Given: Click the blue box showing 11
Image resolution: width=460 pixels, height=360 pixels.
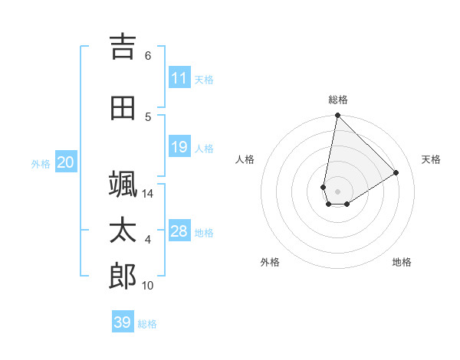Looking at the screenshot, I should [179, 78].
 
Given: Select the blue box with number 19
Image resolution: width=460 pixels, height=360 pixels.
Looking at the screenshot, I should [179, 147].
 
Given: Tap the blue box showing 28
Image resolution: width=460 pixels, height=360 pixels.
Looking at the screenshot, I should [179, 231].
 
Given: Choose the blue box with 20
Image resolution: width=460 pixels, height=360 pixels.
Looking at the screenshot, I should [66, 162].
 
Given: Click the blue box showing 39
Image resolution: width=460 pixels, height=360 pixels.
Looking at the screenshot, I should [123, 322].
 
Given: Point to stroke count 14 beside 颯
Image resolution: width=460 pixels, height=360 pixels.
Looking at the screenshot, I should [149, 194].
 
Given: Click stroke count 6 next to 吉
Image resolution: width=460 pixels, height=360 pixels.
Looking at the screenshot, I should [148, 56].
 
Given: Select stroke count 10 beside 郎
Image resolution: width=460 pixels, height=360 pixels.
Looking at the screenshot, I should [148, 286].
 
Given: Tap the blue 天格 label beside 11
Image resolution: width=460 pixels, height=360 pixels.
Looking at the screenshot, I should [204, 80].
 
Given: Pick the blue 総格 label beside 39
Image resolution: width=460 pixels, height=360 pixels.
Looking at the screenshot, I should [147, 324].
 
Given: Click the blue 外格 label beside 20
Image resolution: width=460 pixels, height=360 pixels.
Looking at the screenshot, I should [41, 164].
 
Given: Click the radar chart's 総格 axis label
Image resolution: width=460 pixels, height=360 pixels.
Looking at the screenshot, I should [337, 100].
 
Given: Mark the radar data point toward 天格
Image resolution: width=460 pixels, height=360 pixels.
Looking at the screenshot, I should [396, 173].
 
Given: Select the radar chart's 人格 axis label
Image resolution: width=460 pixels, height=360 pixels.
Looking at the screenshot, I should [245, 159].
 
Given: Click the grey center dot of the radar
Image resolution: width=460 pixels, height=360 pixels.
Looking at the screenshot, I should [337, 191].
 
